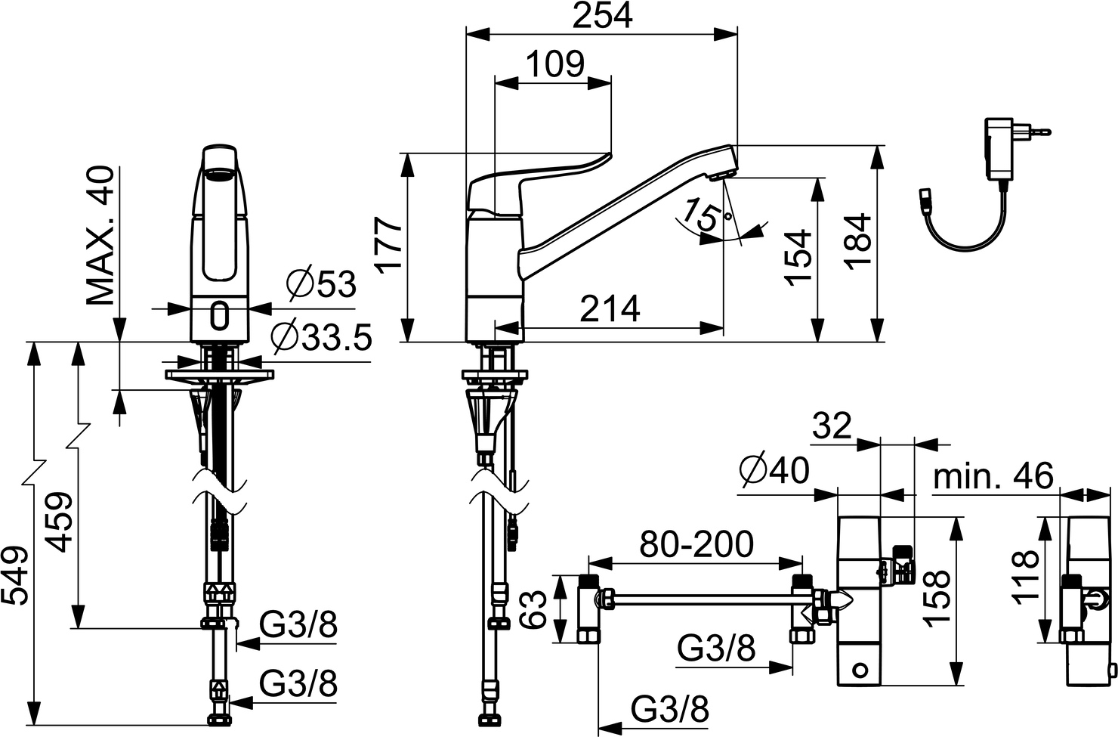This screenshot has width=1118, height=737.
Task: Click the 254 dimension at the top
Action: pyautogui.click(x=601, y=16)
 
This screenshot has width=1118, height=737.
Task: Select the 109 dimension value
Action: pyautogui.click(x=554, y=65)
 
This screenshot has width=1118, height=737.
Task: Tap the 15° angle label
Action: pyautogui.click(x=699, y=216)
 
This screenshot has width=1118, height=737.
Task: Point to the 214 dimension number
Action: pyautogui.click(x=610, y=309)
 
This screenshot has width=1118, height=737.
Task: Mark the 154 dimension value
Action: pyautogui.click(x=798, y=257)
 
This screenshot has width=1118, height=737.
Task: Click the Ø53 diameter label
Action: pyautogui.click(x=321, y=285)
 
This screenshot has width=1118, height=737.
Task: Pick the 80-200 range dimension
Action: pyautogui.click(x=696, y=545)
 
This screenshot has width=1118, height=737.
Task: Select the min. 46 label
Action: pyautogui.click(x=993, y=477)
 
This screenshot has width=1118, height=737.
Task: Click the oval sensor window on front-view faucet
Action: pyautogui.click(x=220, y=316)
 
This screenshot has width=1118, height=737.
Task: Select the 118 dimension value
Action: pyautogui.click(x=1025, y=576)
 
